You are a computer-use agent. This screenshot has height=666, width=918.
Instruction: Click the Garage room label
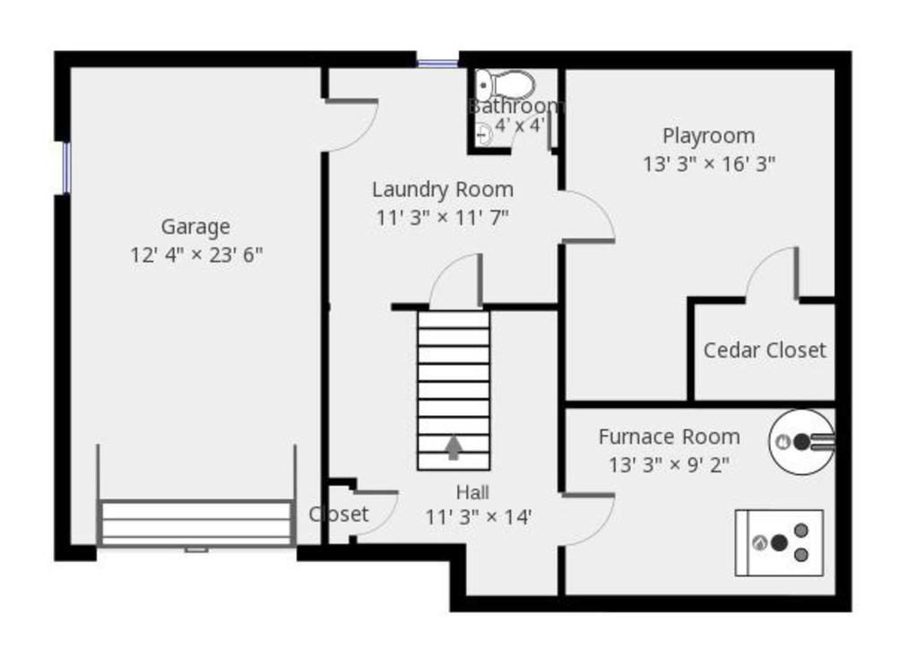pyautogui.click(x=195, y=227)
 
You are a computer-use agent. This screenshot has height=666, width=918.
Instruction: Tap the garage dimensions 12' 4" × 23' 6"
pyautogui.click(x=196, y=255)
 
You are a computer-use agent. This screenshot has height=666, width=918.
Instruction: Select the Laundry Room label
pyautogui.click(x=443, y=190)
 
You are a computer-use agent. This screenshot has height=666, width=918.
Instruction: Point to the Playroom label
pyautogui.click(x=708, y=135)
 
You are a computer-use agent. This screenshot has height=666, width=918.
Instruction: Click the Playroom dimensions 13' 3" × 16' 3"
pyautogui.click(x=709, y=164)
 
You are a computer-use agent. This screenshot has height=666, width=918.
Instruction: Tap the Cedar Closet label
pyautogui.click(x=765, y=350)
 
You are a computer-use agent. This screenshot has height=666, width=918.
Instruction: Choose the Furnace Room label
pyautogui.click(x=669, y=437)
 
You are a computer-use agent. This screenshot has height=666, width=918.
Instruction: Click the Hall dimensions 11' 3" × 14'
pyautogui.click(x=479, y=517)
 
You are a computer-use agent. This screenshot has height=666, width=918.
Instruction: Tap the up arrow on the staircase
pyautogui.click(x=453, y=447)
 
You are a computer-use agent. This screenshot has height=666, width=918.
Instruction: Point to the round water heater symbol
pyautogui.click(x=801, y=442)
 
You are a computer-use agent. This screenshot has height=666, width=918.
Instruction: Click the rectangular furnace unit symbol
pyautogui.click(x=779, y=543)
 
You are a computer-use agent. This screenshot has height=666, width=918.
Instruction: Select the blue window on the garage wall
pyautogui.click(x=66, y=168)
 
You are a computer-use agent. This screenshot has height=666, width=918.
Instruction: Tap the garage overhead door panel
pyautogui.click(x=196, y=523)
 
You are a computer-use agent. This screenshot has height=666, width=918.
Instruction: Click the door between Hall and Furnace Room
pyautogui.click(x=588, y=520)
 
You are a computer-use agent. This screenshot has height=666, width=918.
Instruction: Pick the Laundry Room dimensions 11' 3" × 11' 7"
pyautogui.click(x=442, y=218)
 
